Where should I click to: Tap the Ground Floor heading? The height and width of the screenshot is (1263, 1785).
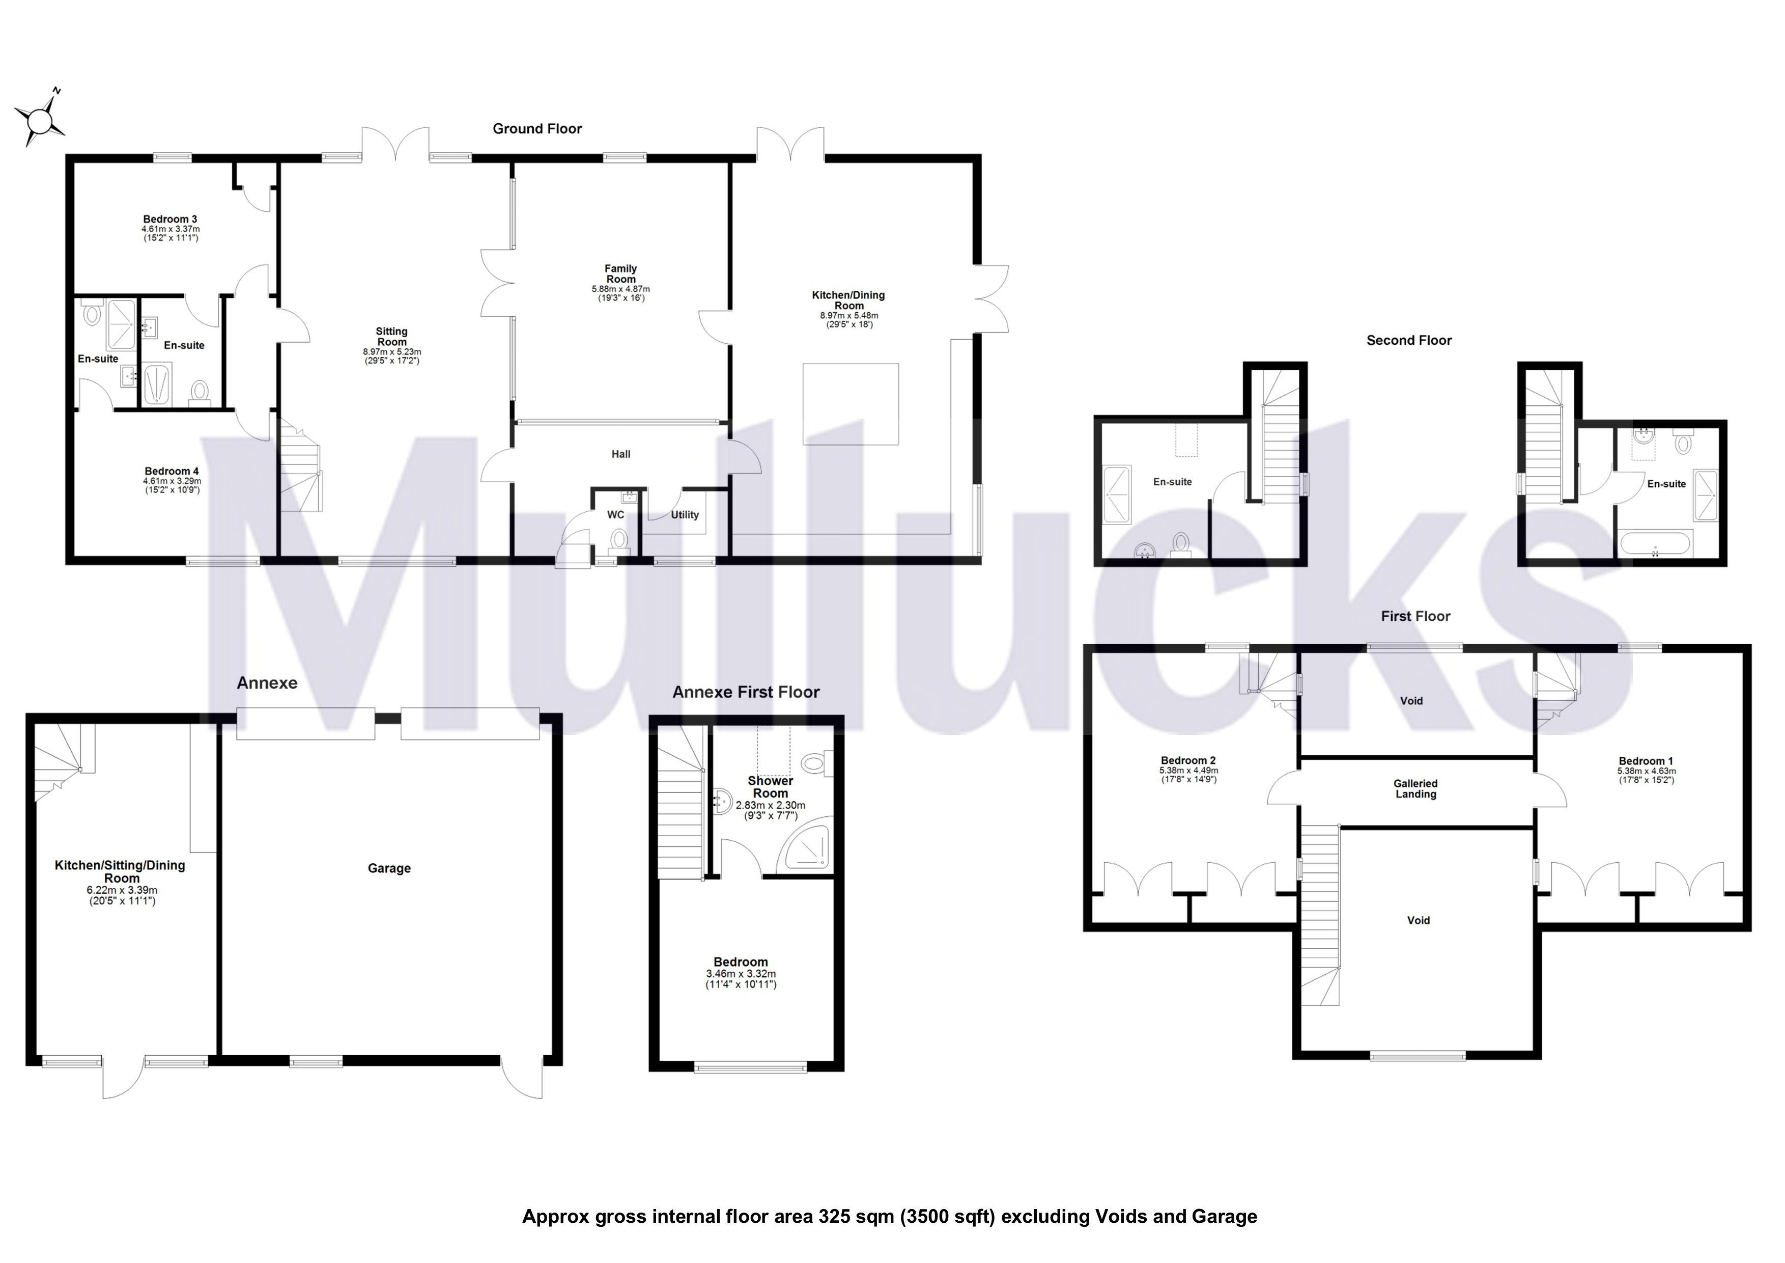coord(537,129)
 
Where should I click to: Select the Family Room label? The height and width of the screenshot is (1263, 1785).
coord(620,274)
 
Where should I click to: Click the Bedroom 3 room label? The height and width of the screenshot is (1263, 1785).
coord(169,219)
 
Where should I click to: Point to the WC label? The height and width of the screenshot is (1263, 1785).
coord(616,515)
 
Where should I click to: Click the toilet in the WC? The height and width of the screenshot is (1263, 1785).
coord(619,538)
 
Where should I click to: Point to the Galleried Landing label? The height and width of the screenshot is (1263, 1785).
coord(1415,788)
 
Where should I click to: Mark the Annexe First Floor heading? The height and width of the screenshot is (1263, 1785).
coord(746,692)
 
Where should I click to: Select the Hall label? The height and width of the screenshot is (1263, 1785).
coord(620,454)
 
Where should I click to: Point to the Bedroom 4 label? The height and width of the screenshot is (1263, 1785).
coord(172,471)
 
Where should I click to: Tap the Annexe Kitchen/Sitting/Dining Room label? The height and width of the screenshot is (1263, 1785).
coord(120,871)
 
